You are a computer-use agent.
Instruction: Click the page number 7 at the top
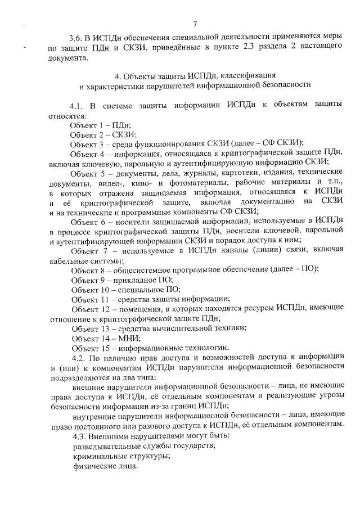[x=195, y=24]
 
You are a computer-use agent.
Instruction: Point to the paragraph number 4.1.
[x=77, y=106]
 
